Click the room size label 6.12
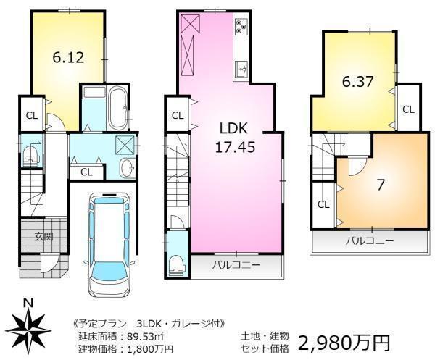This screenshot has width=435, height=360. tap(68, 58)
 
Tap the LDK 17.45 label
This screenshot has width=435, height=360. tap(234, 136)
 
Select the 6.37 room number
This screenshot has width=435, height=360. tap(357, 81)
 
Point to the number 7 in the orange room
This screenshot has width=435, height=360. tap(380, 184)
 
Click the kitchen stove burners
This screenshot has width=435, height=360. tap(241, 28)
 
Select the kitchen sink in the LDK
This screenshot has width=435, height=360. tap(241, 70)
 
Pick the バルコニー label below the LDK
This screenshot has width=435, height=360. tap(236, 266)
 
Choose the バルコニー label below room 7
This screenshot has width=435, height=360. tap(369, 240)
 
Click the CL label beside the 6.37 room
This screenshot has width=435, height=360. tap(408, 109)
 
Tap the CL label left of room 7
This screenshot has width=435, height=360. tap(323, 204)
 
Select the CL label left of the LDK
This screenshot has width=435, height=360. tap(178, 115)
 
